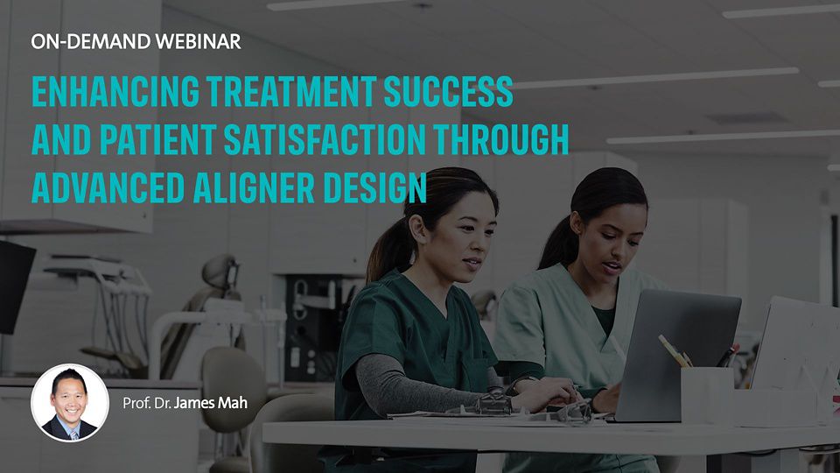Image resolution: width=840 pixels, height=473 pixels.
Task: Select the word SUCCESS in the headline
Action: (x=448, y=91)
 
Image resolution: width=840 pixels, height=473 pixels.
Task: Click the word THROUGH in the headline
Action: (x=501, y=139)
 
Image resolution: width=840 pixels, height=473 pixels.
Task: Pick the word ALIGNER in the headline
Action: (x=254, y=187)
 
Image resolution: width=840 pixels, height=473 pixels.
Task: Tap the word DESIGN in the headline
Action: (x=374, y=187)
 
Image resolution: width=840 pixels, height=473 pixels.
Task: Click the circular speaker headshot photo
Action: (x=70, y=403)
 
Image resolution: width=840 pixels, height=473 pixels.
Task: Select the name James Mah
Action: (x=211, y=403)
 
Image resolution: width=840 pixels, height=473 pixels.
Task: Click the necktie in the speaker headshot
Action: (x=73, y=434)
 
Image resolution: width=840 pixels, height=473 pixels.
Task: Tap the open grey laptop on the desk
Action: (x=676, y=354)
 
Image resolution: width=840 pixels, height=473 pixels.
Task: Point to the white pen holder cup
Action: (x=707, y=395)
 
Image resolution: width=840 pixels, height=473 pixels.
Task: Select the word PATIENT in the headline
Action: (x=157, y=139)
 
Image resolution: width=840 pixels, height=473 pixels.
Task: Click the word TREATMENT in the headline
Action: (x=291, y=91)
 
